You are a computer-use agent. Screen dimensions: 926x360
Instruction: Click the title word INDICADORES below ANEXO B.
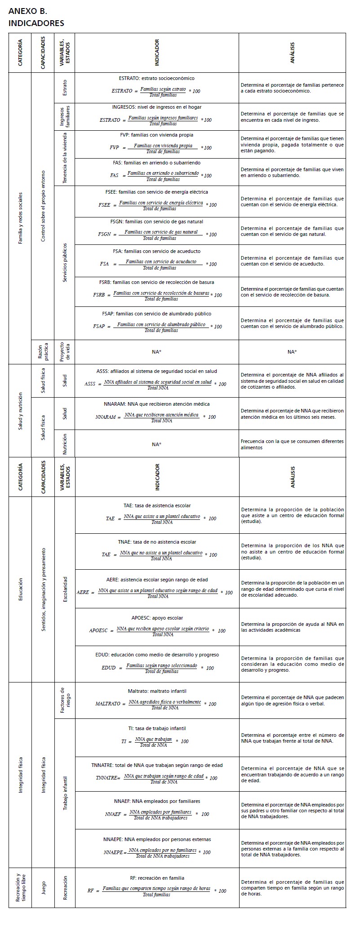(x=36, y=23)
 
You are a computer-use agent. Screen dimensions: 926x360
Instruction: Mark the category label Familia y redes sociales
(x=20, y=218)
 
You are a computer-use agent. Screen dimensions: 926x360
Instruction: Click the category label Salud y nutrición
(x=20, y=410)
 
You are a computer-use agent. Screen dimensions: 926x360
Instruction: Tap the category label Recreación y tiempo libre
(x=20, y=887)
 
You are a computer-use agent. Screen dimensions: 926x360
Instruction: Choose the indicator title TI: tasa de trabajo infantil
(x=157, y=728)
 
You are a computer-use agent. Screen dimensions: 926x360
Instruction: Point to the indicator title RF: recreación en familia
(x=157, y=877)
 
